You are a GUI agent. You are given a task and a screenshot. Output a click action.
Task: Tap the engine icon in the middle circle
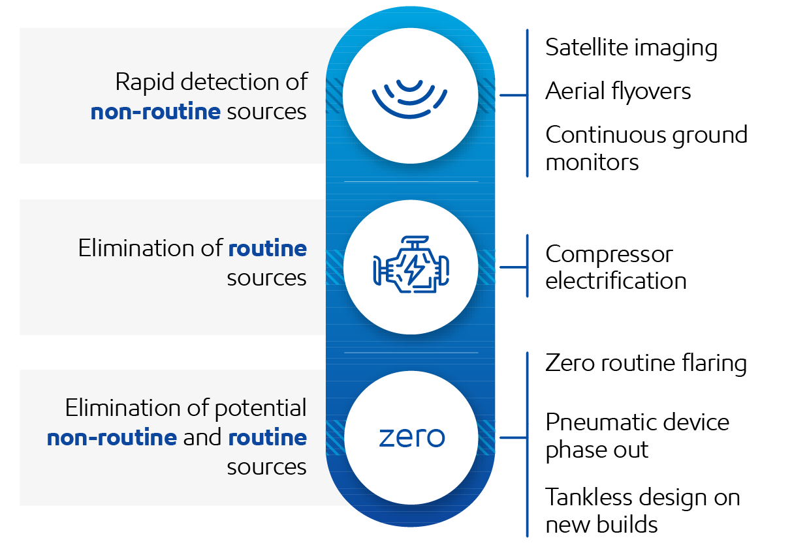tap(411, 265)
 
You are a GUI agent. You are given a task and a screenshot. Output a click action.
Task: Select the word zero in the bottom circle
tap(411, 438)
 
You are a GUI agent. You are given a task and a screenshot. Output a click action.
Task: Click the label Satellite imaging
tap(631, 48)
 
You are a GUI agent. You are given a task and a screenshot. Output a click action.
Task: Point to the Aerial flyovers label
tap(618, 92)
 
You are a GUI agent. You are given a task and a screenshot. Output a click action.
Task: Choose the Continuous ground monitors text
tap(646, 148)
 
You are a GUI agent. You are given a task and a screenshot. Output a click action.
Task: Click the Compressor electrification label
tap(616, 267)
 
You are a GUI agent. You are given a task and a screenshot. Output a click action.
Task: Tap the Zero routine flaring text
tap(646, 363)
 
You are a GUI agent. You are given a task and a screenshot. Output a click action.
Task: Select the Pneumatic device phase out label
tap(637, 436)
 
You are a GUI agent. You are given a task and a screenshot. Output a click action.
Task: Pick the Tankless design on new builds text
tap(642, 511)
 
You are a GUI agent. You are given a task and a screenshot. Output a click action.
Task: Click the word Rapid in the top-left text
tap(145, 83)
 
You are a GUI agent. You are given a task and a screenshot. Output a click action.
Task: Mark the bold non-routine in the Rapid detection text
tap(155, 112)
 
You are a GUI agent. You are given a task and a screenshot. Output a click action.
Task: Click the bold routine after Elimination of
tap(268, 248)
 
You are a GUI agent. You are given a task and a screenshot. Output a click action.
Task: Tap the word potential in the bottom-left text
tap(261, 409)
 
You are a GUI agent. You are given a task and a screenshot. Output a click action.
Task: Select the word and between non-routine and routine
tap(202, 438)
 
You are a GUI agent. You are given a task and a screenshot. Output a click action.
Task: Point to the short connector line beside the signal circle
tap(513, 95)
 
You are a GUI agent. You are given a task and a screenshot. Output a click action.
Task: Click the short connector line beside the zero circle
tap(513, 437)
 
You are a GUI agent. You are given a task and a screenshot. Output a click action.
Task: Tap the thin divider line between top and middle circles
tap(411, 181)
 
